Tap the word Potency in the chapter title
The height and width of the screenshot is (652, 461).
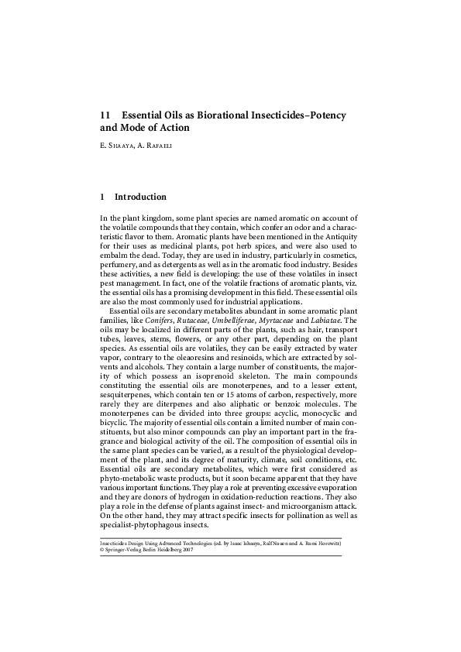[x=325, y=115]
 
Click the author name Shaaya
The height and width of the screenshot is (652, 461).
[x=122, y=144]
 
